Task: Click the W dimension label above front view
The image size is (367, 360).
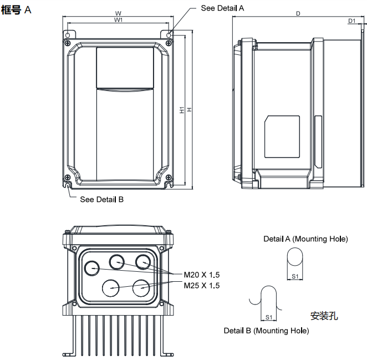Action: [118, 13]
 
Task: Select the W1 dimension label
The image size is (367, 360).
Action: [118, 20]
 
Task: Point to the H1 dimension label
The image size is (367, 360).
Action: [182, 110]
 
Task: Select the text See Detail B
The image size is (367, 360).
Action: [101, 199]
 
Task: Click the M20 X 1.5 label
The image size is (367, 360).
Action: [202, 275]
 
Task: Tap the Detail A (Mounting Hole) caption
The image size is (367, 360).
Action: [305, 239]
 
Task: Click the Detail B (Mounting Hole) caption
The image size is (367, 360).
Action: [266, 331]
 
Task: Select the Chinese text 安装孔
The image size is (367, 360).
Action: [324, 316]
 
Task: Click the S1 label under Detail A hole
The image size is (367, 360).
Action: [296, 276]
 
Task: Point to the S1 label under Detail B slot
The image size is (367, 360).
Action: [269, 317]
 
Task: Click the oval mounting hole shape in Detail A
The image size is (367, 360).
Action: [296, 259]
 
